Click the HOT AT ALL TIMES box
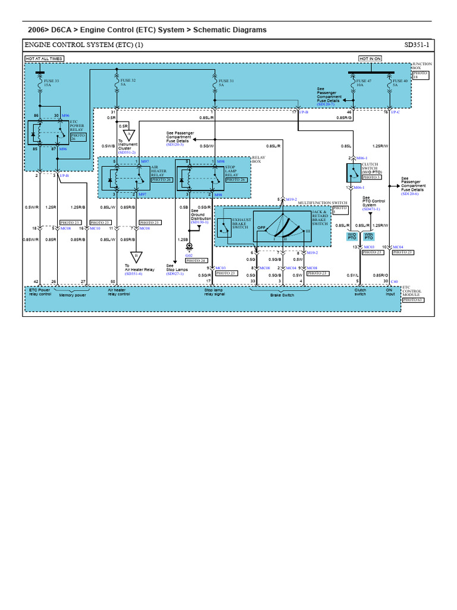point(44,59)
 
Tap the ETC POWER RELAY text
point(77,126)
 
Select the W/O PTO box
point(352,236)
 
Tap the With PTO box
point(369,236)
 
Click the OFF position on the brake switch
point(261,227)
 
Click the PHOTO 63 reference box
point(411,300)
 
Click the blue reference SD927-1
point(175,273)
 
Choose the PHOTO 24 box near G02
point(196,260)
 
